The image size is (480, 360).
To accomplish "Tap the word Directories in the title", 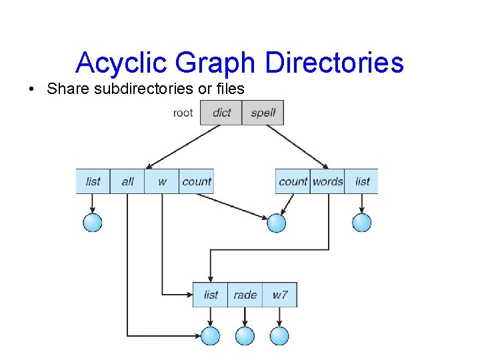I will tap(334, 63).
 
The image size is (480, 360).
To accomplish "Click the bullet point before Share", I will tap(32, 89).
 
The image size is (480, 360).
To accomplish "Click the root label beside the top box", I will tap(183, 113).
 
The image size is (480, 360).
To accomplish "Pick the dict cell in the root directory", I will tap(221, 113).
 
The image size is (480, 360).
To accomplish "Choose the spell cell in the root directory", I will tap(263, 113).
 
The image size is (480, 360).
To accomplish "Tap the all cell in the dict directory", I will tap(127, 181).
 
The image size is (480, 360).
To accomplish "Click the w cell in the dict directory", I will tap(162, 181).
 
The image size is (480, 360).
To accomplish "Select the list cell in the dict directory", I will tap(93, 181).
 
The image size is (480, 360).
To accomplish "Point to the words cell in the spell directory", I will tap(327, 181).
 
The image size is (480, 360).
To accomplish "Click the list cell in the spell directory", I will tap(362, 181).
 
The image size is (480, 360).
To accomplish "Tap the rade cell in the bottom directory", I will tap(245, 295).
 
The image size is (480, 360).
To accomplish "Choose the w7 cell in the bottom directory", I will tap(280, 295).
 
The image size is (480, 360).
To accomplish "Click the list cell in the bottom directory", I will tap(211, 295).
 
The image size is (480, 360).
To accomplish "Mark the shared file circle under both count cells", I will tap(276, 223).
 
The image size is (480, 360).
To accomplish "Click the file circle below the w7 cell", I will tap(279, 336).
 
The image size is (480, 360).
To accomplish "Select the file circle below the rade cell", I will tap(245, 336).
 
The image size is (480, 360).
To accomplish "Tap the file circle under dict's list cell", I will tap(93, 223).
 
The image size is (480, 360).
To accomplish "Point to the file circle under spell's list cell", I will tap(361, 223).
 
